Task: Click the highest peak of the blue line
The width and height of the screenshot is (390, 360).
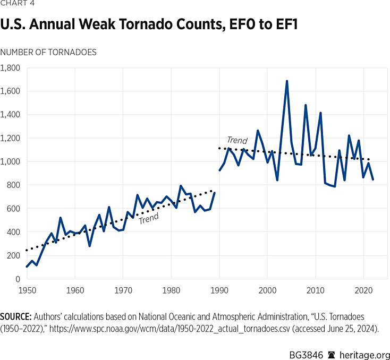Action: pos(287,81)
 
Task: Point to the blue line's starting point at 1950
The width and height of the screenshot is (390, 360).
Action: pos(27,267)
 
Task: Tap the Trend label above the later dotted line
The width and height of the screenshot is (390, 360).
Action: pos(237,141)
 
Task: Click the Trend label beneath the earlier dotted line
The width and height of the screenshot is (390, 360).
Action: pos(149,219)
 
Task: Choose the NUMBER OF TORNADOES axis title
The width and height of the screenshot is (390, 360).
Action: pos(48,52)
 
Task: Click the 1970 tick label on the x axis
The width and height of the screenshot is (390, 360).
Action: pos(123,292)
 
